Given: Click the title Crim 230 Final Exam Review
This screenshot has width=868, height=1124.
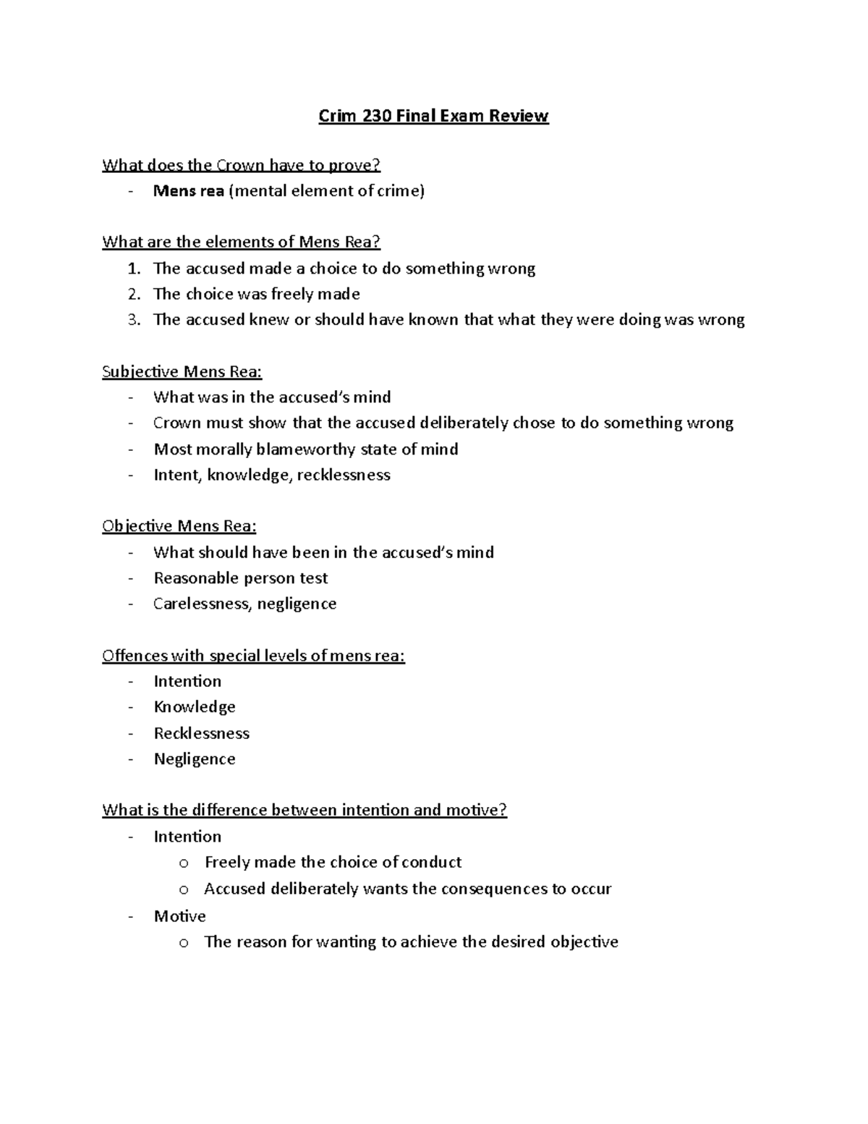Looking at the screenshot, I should point(433,116).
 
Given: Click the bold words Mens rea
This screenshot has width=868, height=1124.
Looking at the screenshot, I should point(188,191).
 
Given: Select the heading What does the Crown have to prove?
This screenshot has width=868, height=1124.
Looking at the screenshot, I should point(241,165).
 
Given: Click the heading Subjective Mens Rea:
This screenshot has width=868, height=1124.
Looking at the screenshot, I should point(182,372).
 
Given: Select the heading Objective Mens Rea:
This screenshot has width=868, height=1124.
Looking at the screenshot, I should point(179,526).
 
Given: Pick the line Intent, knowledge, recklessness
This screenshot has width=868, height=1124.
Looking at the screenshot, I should point(271,476).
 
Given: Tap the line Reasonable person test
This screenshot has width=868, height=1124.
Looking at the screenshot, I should point(240,578).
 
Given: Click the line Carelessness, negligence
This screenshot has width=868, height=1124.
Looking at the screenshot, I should point(244,604).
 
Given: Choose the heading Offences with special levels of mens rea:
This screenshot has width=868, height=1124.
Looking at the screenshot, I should point(253,656).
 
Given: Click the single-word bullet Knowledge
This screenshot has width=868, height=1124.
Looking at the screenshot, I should point(195,707).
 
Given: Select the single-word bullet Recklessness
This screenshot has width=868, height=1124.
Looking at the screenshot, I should point(201,733).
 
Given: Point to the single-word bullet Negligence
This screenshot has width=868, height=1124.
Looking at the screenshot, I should point(195,759).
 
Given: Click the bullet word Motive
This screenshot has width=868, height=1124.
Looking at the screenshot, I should point(179,916).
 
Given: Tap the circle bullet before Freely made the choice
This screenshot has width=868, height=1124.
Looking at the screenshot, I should point(184,863).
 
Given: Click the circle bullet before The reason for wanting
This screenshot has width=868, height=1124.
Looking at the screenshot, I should point(184,943).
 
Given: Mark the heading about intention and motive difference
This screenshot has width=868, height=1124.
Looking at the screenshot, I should point(305,810).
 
